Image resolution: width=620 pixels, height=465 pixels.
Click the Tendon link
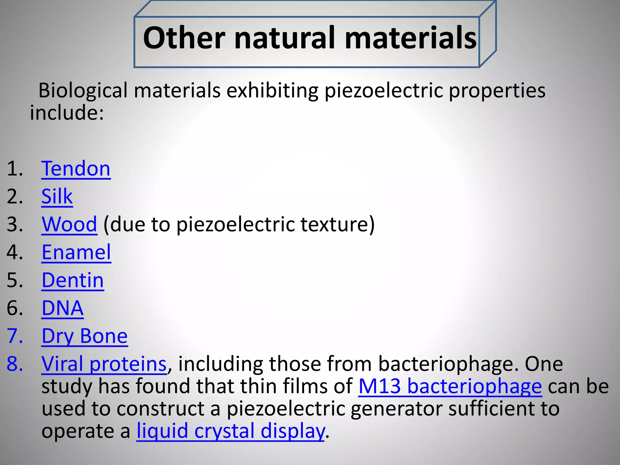(x=76, y=169)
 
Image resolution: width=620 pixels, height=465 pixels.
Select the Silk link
(x=57, y=196)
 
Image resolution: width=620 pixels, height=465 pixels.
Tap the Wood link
(x=69, y=224)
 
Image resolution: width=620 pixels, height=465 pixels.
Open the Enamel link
(x=76, y=252)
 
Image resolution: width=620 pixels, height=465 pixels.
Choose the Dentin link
(x=73, y=280)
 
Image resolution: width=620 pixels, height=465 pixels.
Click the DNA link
(x=62, y=308)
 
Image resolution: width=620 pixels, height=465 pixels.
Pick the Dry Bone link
(x=84, y=336)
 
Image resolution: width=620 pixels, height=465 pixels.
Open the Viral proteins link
(x=104, y=364)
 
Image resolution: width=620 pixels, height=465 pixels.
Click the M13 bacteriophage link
(x=450, y=386)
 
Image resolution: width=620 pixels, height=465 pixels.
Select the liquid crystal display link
(x=230, y=431)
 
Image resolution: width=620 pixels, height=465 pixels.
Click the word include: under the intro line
(x=67, y=113)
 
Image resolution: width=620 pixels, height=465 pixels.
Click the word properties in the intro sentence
(x=497, y=91)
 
